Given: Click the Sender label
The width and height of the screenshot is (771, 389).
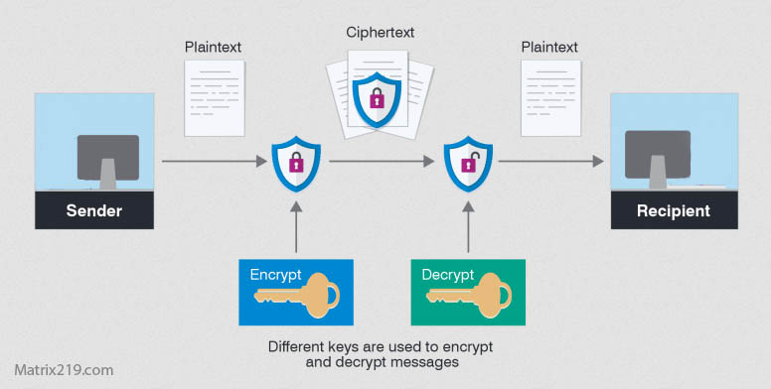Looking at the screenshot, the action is point(94,210).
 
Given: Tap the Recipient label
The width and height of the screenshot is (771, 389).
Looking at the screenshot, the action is point(674,210).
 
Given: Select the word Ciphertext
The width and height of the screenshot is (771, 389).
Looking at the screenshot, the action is point(381,32).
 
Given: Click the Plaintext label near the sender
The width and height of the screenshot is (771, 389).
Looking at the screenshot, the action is point(213,47).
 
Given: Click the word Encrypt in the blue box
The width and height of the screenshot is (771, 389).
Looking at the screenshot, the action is point(275,274).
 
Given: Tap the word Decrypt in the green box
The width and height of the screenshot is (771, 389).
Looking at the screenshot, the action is point(447,274).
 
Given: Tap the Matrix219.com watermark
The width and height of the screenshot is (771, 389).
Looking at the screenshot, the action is point(58,370).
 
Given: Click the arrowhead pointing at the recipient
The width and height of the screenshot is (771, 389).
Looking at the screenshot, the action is point(598,160).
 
